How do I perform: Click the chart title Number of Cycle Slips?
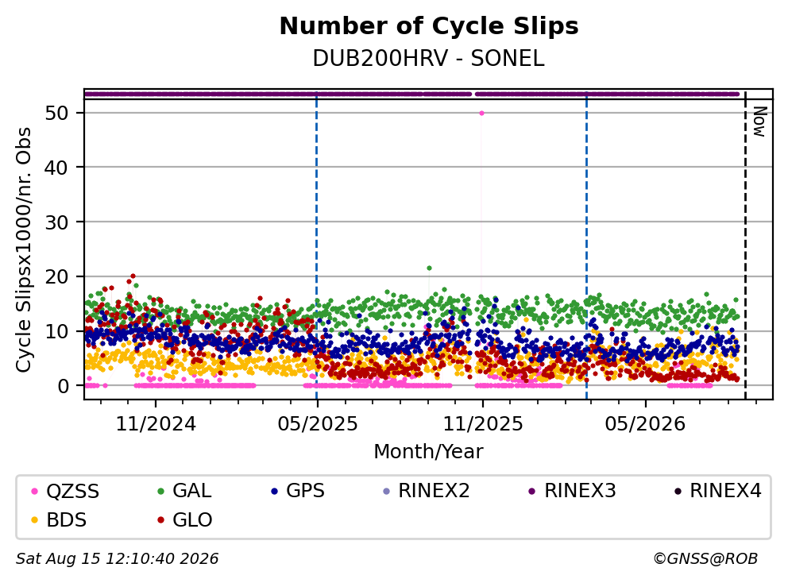pyautogui.click(x=429, y=26)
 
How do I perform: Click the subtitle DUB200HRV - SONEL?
pyautogui.click(x=429, y=59)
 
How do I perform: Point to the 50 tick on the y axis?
pyautogui.click(x=56, y=113)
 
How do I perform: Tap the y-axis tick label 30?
pyautogui.click(x=56, y=222)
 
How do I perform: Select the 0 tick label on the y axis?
pyautogui.click(x=64, y=386)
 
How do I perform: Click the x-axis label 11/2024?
pyautogui.click(x=156, y=424)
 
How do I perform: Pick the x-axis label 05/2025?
pyautogui.click(x=318, y=424)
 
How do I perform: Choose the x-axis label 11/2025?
pyautogui.click(x=482, y=424)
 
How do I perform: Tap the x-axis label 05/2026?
pyautogui.click(x=645, y=424)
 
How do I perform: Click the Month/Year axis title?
pyautogui.click(x=428, y=451)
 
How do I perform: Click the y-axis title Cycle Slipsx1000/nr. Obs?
pyautogui.click(x=23, y=249)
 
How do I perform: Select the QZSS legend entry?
pyautogui.click(x=65, y=491)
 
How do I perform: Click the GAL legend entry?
pyautogui.click(x=184, y=491)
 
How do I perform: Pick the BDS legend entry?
pyautogui.click(x=59, y=520)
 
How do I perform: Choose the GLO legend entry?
pyautogui.click(x=184, y=520)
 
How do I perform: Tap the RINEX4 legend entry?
pyautogui.click(x=717, y=491)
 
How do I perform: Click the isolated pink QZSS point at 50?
pyautogui.click(x=482, y=113)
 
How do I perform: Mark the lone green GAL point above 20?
pyautogui.click(x=429, y=268)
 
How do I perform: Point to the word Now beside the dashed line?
pyautogui.click(x=759, y=122)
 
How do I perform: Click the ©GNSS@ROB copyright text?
pyautogui.click(x=705, y=558)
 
